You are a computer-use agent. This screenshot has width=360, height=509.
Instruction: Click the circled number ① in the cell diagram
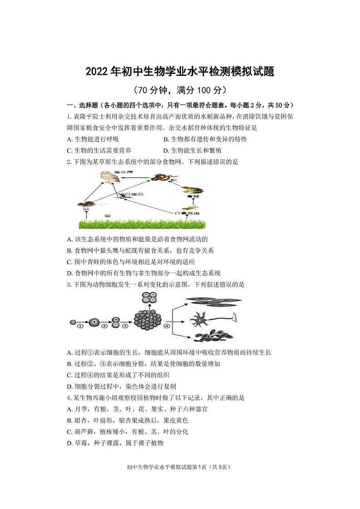(80, 326)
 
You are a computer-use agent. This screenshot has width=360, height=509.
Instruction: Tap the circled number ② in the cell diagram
(105, 326)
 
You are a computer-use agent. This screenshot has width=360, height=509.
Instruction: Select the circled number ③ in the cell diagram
(125, 326)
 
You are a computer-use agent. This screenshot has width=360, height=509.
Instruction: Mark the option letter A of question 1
(69, 139)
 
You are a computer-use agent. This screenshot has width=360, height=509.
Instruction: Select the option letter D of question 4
(69, 443)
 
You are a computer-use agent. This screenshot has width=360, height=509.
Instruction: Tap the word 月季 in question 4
(80, 409)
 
